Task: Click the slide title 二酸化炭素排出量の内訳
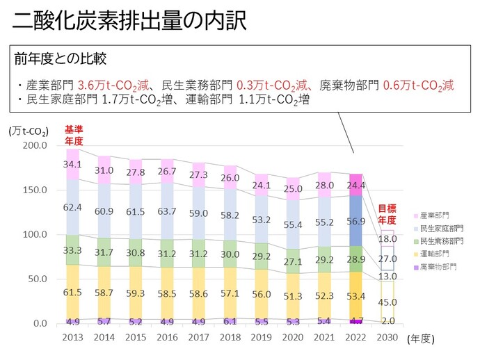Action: (130, 22)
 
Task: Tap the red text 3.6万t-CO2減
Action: (113, 85)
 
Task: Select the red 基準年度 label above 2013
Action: (74, 136)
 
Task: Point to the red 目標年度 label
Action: (387, 213)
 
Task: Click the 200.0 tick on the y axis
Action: (33, 145)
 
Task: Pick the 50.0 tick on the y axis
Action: (36, 279)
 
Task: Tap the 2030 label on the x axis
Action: (386, 338)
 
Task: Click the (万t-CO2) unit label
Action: (29, 131)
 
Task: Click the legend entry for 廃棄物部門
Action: (438, 266)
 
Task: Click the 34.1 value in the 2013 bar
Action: (73, 165)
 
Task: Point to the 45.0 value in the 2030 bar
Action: (386, 302)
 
